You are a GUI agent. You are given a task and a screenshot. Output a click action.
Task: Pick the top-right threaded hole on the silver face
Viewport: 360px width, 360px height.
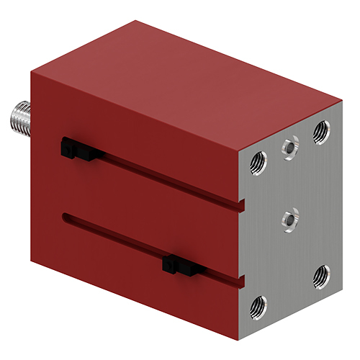click(x=321, y=130)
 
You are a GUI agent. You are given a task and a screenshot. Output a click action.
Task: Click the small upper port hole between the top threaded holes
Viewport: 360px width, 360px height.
click(x=289, y=147)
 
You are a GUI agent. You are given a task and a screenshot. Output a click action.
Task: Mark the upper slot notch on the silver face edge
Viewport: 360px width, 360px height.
click(x=243, y=205)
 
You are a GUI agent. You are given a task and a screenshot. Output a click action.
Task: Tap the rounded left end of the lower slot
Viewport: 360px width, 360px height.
click(x=67, y=215)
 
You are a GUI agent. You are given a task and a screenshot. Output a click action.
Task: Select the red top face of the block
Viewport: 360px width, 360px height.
click(x=180, y=72)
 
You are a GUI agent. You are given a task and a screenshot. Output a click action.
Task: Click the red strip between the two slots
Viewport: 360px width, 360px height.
click(x=144, y=209)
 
